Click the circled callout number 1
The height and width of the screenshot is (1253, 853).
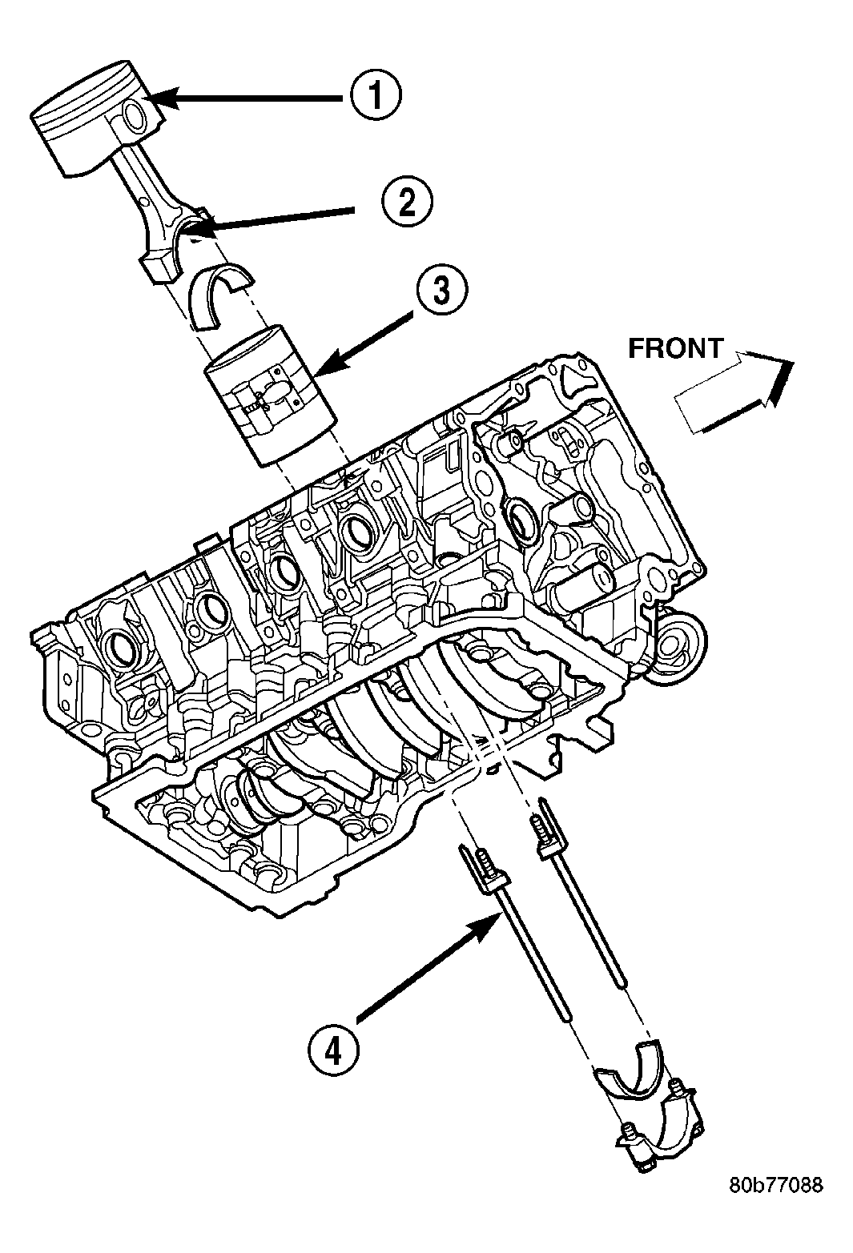374,97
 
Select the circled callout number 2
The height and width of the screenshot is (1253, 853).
406,205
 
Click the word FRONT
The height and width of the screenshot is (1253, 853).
674,348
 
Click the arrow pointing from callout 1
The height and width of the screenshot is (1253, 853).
248,98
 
